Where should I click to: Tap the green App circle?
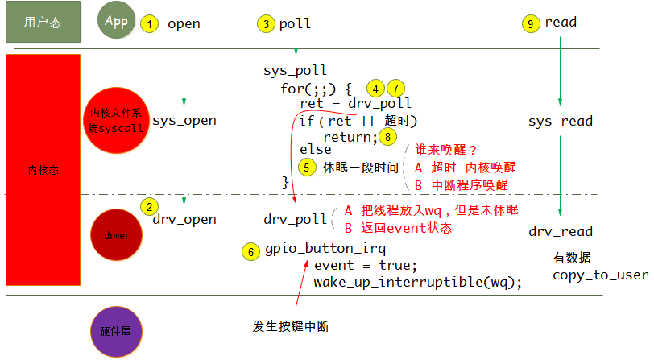(117, 21)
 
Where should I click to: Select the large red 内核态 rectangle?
(43, 170)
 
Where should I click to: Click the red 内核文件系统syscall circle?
(117, 122)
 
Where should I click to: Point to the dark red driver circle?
(116, 236)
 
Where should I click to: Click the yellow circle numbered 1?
(149, 23)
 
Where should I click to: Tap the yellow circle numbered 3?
(267, 24)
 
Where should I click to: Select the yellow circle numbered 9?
(531, 23)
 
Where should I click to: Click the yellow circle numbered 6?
(251, 251)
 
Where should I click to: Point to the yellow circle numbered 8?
(390, 137)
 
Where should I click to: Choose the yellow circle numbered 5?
(306, 167)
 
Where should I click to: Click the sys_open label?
(184, 121)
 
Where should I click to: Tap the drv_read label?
(561, 232)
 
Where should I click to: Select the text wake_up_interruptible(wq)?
(418, 282)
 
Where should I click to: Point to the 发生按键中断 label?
(290, 326)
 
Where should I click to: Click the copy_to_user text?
(600, 275)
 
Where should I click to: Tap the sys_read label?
(561, 122)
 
